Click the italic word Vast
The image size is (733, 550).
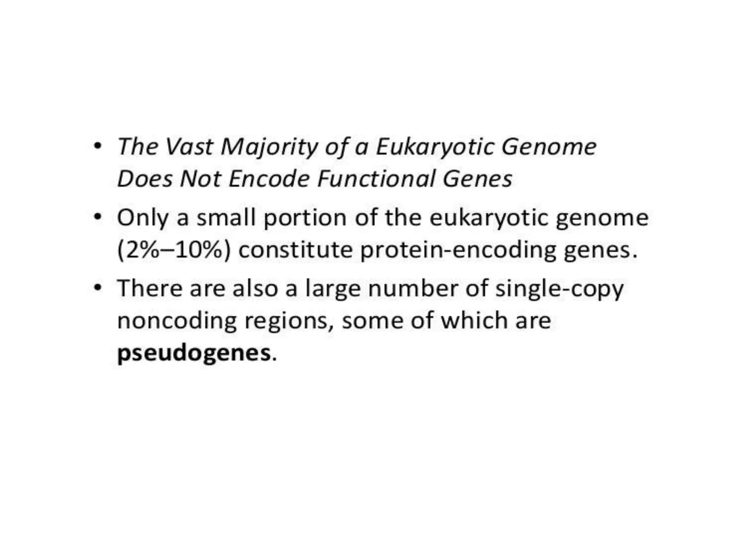pyautogui.click(x=189, y=147)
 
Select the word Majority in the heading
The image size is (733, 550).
pyautogui.click(x=269, y=148)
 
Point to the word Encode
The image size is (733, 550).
pyautogui.click(x=269, y=179)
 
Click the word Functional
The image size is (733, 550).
pyautogui.click(x=376, y=179)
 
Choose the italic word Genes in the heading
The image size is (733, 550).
pyautogui.click(x=477, y=179)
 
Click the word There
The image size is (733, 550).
pyautogui.click(x=150, y=288)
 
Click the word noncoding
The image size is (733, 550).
pyautogui.click(x=177, y=321)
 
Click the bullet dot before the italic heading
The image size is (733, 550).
pyautogui.click(x=97, y=146)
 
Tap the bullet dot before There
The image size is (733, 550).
pyautogui.click(x=97, y=288)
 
